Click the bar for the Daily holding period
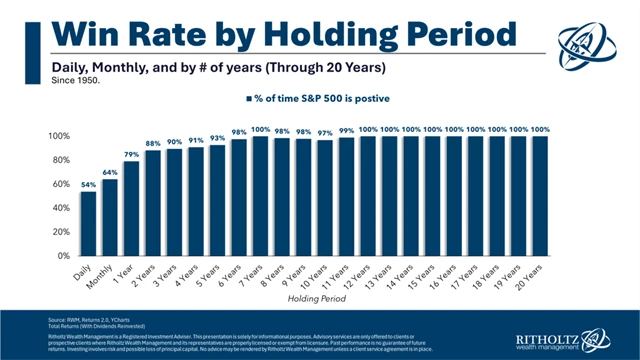pyautogui.click(x=89, y=223)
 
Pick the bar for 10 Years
pyautogui.click(x=324, y=198)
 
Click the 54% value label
pyautogui.click(x=88, y=183)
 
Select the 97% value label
pyautogui.click(x=324, y=132)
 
